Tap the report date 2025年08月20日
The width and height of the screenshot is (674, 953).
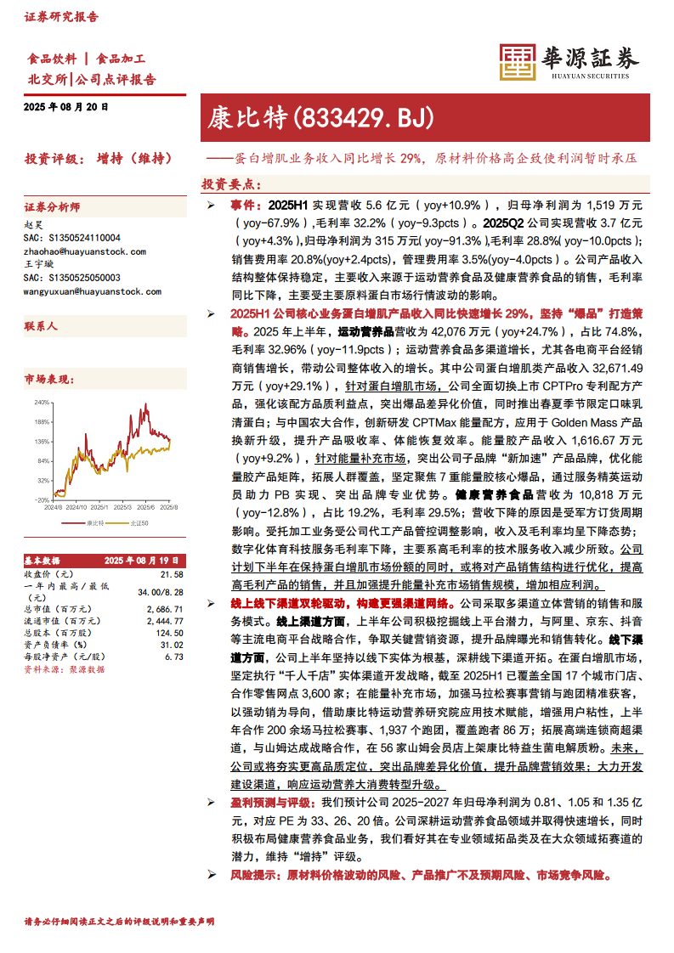tap(66, 107)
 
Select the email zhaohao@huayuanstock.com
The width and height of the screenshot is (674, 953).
tap(74, 251)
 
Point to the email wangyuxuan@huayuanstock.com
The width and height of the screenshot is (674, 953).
tap(80, 290)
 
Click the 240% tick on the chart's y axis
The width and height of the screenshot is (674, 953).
tap(42, 402)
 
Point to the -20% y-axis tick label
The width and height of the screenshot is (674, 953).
tap(42, 500)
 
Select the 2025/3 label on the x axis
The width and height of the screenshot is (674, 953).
tap(123, 507)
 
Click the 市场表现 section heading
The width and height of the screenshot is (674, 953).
tap(47, 376)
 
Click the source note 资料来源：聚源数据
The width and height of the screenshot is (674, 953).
tap(64, 668)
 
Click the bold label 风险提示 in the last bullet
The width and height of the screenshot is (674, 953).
tap(253, 874)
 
